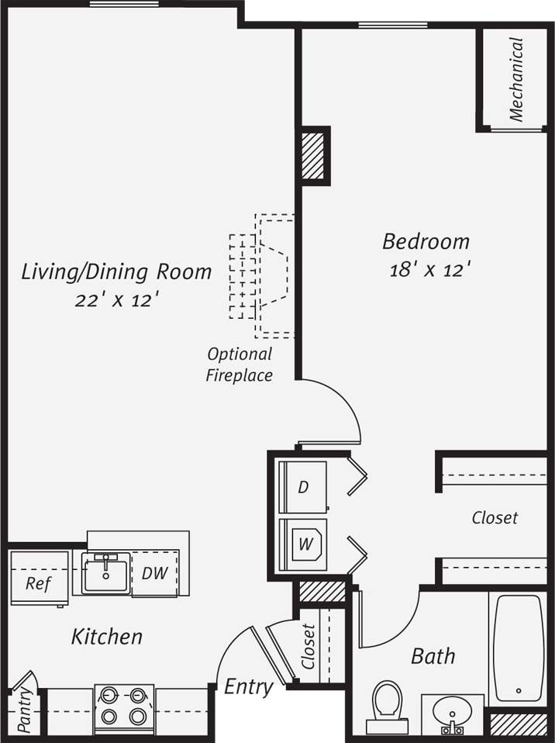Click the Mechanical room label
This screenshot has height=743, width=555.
[516, 80]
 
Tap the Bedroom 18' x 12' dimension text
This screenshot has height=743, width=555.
[430, 270]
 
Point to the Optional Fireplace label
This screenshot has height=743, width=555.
[240, 365]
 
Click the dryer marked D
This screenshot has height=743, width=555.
[303, 487]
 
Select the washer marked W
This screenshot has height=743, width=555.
[305, 544]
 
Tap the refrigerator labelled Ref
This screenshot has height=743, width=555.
[38, 582]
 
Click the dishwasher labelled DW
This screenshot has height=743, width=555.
[155, 573]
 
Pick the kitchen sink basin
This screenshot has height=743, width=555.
[106, 572]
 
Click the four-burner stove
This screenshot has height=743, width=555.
[124, 706]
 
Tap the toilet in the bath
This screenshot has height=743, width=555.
[387, 704]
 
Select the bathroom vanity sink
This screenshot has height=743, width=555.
[452, 713]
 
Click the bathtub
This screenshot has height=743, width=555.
[518, 647]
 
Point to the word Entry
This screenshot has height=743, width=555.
[248, 687]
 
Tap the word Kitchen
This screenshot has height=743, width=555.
[107, 637]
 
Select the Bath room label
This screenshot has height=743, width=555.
[433, 656]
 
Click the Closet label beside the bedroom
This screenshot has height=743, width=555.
[495, 517]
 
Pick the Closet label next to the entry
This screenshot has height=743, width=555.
[309, 647]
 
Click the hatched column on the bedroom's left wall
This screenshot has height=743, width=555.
[313, 154]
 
